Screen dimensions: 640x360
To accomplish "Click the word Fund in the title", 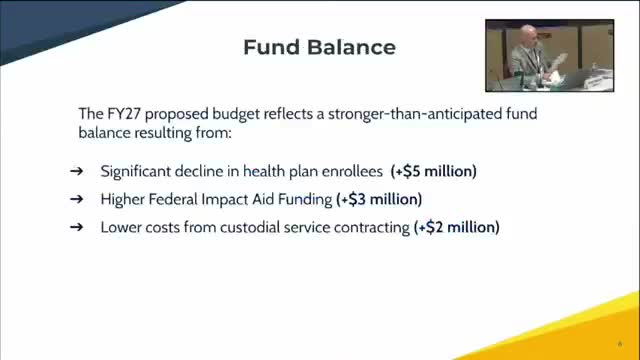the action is (271, 47).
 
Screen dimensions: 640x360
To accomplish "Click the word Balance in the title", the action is (351, 47).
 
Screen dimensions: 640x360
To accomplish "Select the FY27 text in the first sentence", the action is (124, 113).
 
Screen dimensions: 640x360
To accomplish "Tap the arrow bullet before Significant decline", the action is (76, 171).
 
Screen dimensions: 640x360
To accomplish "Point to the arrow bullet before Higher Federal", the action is (76, 199).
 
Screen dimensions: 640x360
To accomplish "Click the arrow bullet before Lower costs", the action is (76, 227).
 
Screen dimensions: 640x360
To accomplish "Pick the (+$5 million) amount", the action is (433, 171).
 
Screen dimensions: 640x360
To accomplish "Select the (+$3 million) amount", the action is (379, 199).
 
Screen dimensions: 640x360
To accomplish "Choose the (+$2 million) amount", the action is (456, 227).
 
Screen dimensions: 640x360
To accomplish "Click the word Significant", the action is (136, 171).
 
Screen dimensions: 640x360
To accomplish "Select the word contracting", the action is (372, 227).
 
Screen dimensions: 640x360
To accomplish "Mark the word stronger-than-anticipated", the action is (415, 114).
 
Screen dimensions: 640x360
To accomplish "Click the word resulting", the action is (163, 133).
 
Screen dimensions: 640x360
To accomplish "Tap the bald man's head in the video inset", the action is (528, 35).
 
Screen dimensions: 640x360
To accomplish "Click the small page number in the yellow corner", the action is (620, 344).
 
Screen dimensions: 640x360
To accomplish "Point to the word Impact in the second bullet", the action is (225, 200).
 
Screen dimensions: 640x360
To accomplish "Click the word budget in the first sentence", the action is (236, 114).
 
